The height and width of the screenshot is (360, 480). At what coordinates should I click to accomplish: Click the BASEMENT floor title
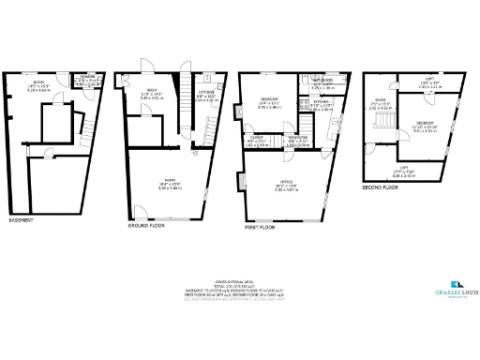22,220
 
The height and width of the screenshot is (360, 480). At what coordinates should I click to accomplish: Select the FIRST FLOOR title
261,228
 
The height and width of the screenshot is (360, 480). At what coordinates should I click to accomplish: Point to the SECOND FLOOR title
380,187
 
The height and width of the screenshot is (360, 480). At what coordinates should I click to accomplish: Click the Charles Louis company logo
457,285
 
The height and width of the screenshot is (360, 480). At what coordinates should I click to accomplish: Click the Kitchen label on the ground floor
205,93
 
